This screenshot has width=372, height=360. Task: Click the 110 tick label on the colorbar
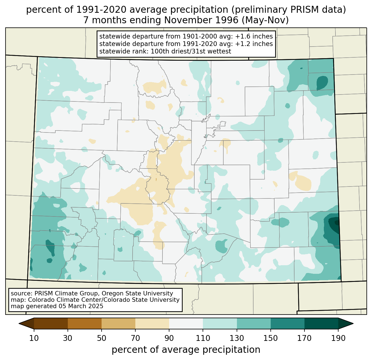[203, 338]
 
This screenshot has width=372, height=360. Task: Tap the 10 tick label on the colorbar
[34, 338]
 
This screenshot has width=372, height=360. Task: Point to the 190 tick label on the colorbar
[338, 338]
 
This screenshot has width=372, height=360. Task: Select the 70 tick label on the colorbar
[135, 338]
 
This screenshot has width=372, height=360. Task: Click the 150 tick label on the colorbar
[270, 338]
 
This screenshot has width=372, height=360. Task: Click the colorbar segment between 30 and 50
[85, 323]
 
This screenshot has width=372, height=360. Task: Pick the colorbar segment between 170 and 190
[321, 323]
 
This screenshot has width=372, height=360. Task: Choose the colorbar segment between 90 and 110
[186, 323]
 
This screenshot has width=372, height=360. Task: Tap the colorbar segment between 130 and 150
[254, 323]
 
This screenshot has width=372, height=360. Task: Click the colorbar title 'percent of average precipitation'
[186, 350]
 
